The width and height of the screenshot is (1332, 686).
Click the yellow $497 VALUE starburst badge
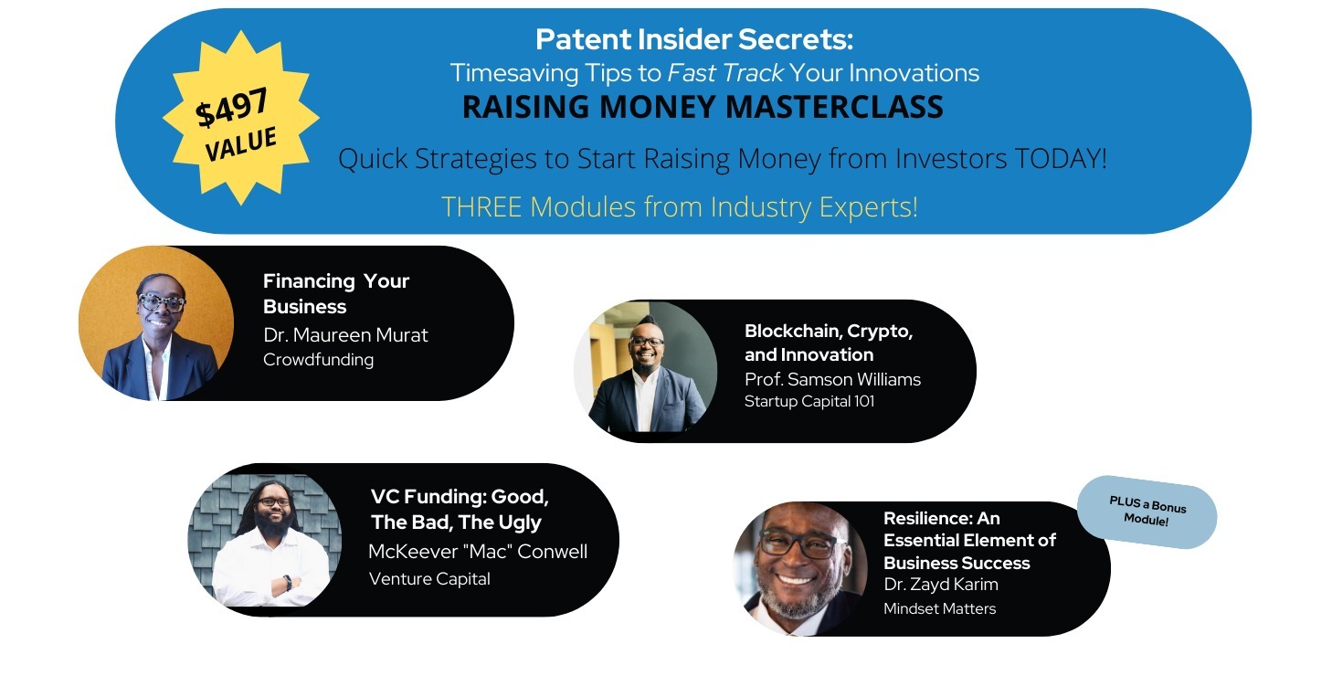point(241,118)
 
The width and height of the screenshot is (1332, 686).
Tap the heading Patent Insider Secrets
point(694,39)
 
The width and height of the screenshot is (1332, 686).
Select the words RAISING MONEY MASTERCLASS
point(703,107)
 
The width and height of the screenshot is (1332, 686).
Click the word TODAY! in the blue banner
point(1061,159)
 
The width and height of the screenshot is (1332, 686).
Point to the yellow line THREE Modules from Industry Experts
point(680,206)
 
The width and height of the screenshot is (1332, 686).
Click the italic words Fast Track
point(725,73)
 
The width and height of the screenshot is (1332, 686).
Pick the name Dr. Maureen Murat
point(345,335)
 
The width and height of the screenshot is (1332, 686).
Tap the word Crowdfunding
point(318,360)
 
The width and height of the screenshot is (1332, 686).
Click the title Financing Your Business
point(336,293)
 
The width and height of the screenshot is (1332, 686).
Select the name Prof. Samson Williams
point(832,379)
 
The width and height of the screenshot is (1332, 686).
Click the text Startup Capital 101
point(809,401)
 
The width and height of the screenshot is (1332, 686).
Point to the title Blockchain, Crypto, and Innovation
point(829,343)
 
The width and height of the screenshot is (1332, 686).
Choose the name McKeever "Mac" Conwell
point(478,552)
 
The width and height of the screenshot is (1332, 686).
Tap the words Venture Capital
point(429,579)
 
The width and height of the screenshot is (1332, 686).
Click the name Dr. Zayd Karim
point(941,585)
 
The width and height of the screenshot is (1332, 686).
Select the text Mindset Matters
point(939,608)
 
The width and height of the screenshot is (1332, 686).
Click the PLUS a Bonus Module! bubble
point(1147,512)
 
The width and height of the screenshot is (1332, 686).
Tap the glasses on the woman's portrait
point(161,302)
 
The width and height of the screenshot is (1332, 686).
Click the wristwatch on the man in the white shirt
point(288,583)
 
